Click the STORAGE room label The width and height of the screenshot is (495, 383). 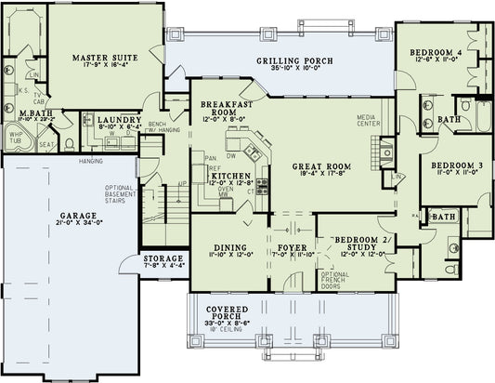pyautogui.click(x=163, y=259)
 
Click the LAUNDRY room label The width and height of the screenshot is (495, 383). pyautogui.click(x=120, y=121)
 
